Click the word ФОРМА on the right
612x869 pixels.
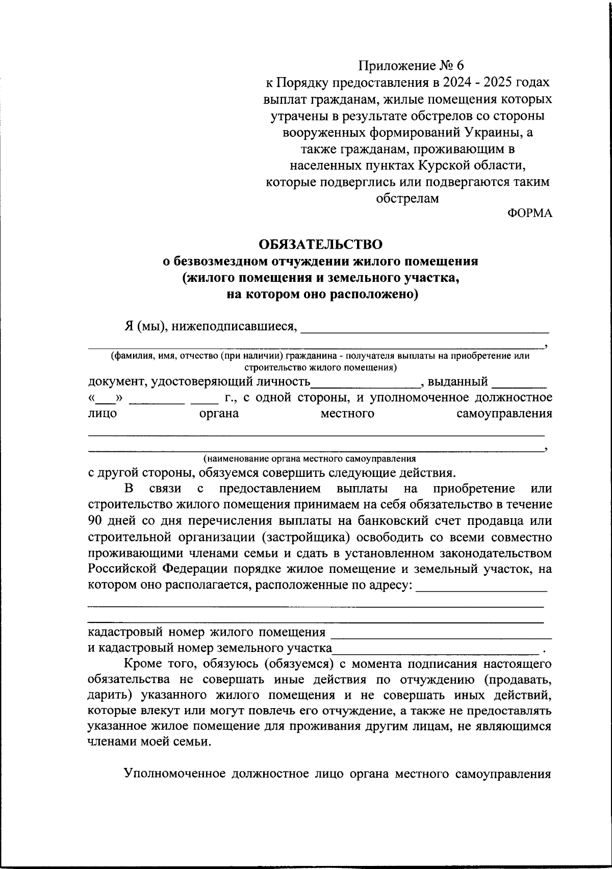530,213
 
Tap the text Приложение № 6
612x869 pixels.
412,66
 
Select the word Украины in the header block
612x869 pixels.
492,133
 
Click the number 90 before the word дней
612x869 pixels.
95,521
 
